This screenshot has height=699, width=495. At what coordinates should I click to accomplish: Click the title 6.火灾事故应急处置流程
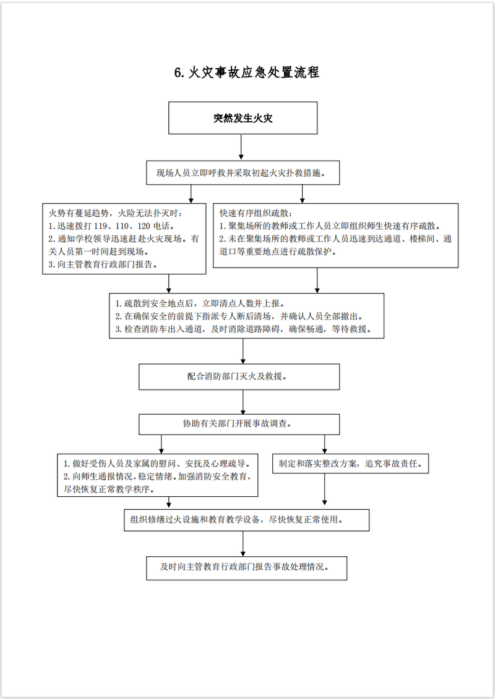(x=247, y=72)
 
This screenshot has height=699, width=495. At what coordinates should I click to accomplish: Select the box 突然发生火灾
(x=243, y=118)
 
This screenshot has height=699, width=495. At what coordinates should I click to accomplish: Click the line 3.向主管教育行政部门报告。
(x=102, y=264)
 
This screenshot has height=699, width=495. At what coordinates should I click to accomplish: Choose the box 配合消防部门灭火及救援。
(x=239, y=376)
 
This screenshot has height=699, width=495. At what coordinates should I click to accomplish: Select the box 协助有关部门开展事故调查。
(x=239, y=424)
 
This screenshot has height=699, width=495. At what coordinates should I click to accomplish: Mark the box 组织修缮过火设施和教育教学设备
(x=246, y=519)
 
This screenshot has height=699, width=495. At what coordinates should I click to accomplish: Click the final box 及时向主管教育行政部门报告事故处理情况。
(x=246, y=567)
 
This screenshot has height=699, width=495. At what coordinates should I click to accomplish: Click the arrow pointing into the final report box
(x=243, y=543)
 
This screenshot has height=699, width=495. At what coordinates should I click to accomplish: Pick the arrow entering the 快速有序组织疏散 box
(x=303, y=194)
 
